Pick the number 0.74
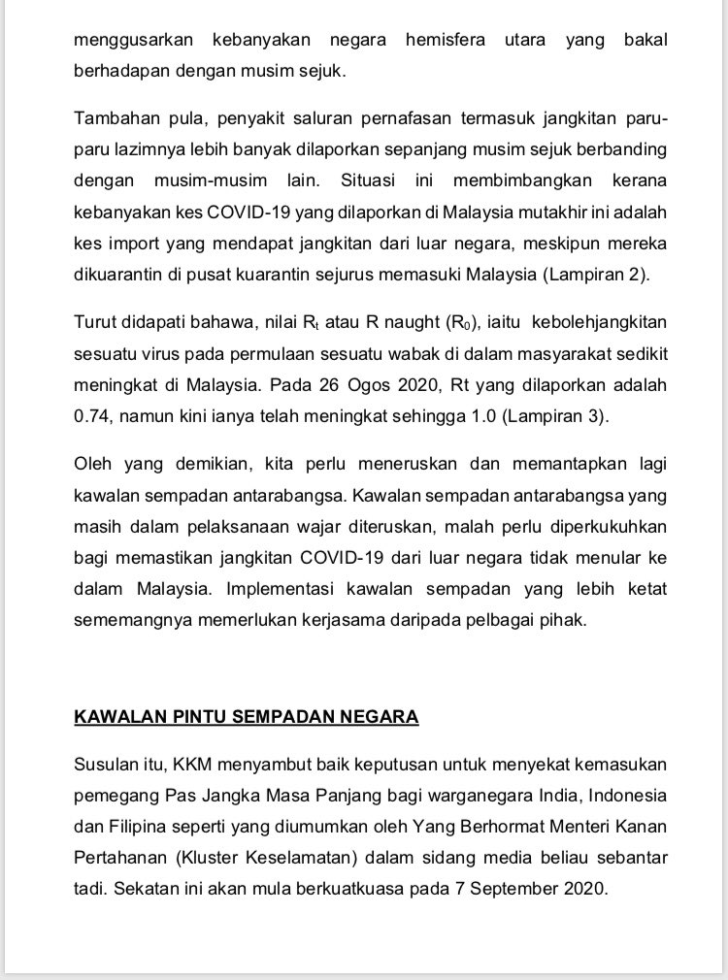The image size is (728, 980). pos(94,415)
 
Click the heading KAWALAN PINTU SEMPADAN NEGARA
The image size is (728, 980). pos(247,717)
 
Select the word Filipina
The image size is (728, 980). pos(138,827)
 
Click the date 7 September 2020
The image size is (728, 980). pos(530,889)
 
